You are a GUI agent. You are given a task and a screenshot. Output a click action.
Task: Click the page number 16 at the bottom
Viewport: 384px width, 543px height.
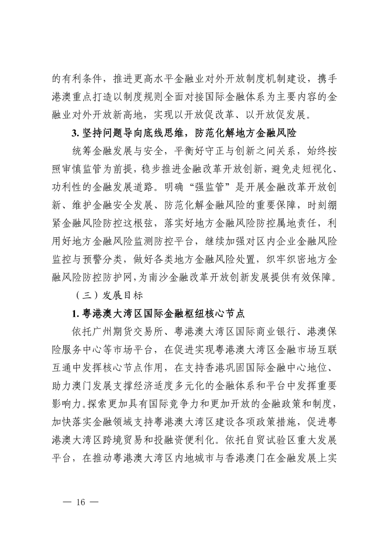[x=80, y=502]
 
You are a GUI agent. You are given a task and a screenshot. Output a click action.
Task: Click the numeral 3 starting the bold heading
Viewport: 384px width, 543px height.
[x=74, y=133]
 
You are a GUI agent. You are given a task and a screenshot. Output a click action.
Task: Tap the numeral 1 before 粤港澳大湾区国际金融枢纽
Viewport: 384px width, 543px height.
[x=74, y=313]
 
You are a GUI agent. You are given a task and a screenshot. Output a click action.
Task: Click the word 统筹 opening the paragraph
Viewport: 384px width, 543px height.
[x=82, y=151]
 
